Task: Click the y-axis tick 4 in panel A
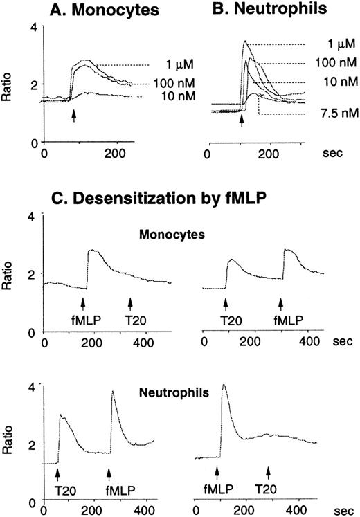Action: tap(33, 27)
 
